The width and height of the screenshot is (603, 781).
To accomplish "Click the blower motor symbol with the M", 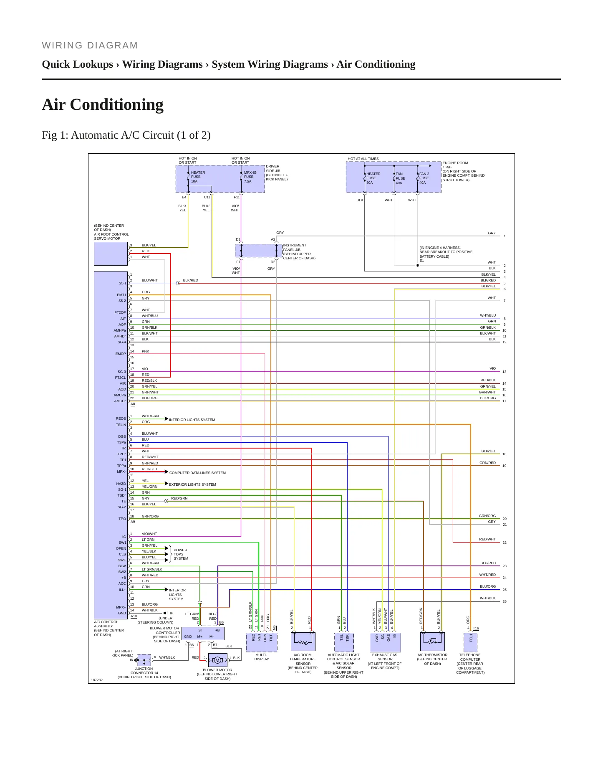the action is point(217,660).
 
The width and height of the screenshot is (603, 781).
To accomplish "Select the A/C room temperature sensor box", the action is point(303,642).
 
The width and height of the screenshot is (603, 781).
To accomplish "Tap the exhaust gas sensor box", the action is point(385,642).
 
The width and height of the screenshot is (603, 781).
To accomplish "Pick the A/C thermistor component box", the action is point(432,642).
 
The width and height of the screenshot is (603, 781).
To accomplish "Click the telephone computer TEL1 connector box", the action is point(471,642).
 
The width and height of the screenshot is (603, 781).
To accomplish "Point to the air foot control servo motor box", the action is point(111,254).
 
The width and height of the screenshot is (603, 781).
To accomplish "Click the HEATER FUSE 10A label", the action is point(198,177).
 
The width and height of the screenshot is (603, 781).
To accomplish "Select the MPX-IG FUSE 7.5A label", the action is point(250,177).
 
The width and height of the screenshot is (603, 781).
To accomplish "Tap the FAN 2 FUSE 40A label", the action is point(424,178).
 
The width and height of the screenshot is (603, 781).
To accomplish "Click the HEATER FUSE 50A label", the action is point(373,178).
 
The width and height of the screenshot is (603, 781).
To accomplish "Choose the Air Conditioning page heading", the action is point(103,104).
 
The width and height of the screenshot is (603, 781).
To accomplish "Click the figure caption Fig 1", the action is point(126,135).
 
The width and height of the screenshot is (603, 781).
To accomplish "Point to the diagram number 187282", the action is point(96,680).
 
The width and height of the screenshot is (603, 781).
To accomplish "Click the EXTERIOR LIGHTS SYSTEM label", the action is point(192,484).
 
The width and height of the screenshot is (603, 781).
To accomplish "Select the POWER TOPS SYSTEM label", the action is point(181,554).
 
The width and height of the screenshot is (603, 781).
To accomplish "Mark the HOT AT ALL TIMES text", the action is point(363,159).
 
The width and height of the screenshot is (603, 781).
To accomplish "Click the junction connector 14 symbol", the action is point(144,660).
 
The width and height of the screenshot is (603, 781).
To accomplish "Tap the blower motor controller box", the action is point(203,634).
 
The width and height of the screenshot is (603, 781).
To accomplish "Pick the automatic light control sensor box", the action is point(344,642).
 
